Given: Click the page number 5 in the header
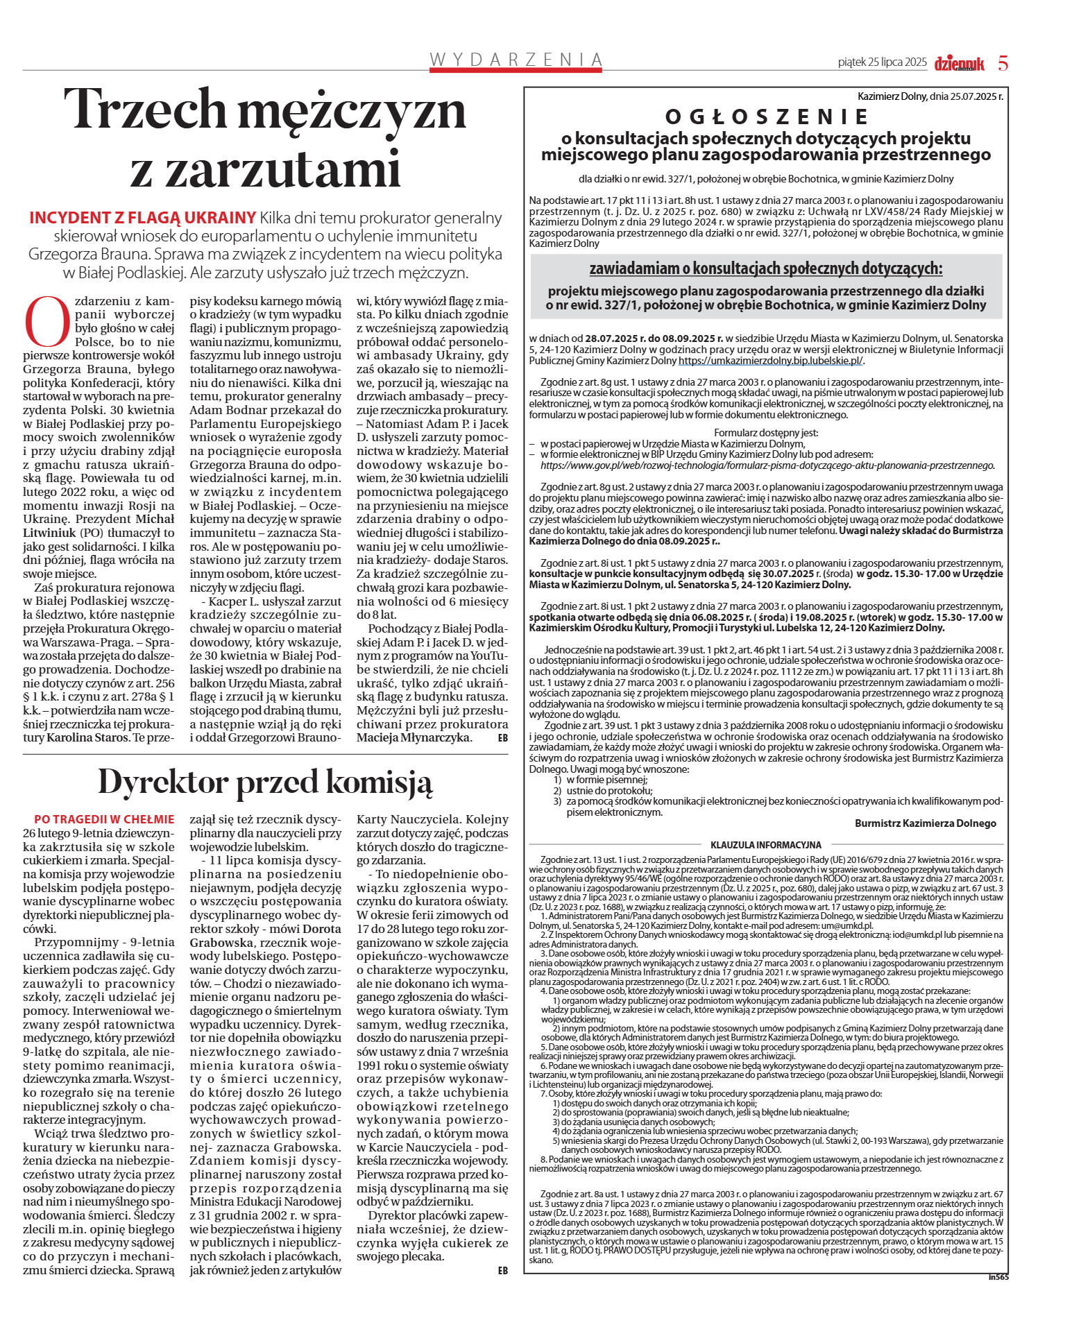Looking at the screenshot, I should [x=1003, y=63].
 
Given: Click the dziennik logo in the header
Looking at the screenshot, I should [x=959, y=64].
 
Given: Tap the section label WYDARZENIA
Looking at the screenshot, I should [x=516, y=60].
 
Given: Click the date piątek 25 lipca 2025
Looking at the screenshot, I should [x=882, y=62].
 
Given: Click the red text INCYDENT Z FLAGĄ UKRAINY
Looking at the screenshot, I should [x=142, y=218].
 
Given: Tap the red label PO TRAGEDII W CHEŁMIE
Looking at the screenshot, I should [x=104, y=819].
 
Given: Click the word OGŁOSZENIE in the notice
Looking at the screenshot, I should [x=767, y=116].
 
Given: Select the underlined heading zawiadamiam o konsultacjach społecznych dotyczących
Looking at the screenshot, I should [x=766, y=268].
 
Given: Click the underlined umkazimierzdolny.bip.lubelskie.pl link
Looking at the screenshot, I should [x=770, y=361].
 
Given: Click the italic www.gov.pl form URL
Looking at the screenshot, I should [x=767, y=465].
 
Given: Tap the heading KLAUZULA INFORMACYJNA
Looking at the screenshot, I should [x=765, y=845].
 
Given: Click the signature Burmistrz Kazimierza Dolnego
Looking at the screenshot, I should [x=925, y=823].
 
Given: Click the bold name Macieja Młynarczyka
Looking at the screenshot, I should [x=414, y=737].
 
